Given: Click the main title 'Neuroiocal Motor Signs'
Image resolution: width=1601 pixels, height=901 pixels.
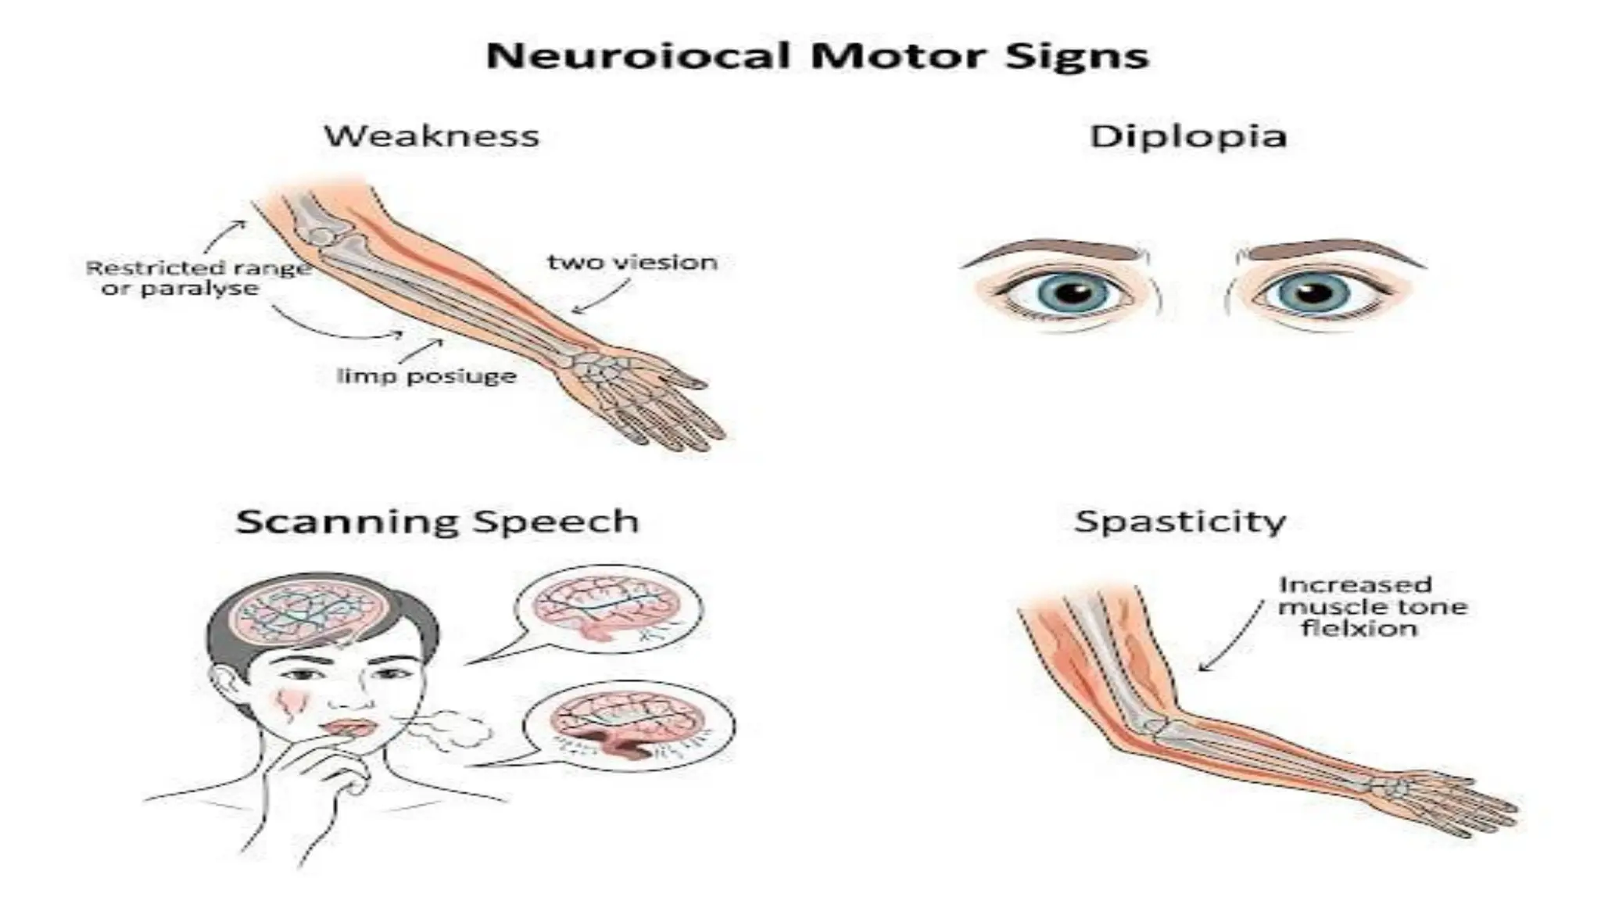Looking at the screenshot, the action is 817,56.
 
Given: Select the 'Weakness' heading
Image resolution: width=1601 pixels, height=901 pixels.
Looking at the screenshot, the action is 432,136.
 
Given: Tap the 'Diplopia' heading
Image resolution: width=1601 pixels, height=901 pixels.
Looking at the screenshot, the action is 1187,136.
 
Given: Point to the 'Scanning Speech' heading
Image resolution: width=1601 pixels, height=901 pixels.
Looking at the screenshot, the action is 437,522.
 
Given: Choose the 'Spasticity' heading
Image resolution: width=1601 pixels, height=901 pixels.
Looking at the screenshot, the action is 1180,522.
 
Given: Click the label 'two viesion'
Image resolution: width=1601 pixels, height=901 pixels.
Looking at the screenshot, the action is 632,262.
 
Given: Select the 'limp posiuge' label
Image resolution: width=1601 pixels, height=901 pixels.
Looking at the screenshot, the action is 426,376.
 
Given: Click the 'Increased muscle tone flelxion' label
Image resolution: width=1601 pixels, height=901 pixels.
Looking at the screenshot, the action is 1372,606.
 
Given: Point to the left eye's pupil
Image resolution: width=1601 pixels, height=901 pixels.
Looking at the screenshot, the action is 1076,293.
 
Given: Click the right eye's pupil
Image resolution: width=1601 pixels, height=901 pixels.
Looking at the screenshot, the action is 1314,293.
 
